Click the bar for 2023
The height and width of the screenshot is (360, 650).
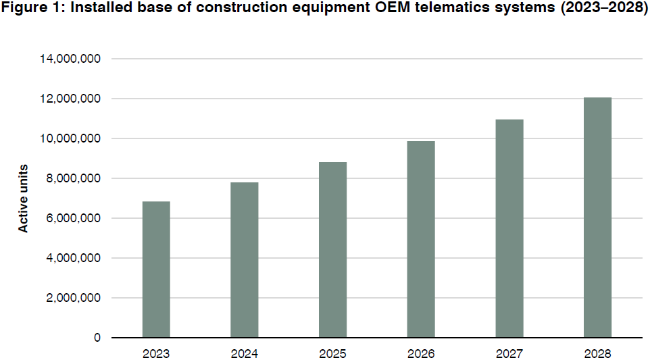156,269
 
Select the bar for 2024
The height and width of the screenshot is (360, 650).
244,260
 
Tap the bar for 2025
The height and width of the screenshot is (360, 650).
332,250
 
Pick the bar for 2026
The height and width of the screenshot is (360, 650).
421,239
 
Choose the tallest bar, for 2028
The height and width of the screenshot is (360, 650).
597,217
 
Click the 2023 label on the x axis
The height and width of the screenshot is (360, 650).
156,353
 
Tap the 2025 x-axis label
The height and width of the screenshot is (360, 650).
332,353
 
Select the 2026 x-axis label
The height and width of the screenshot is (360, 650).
421,353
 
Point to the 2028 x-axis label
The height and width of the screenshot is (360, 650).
597,353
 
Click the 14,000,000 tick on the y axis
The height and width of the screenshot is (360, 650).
70,59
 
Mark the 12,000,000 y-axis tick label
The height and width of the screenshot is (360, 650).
70,99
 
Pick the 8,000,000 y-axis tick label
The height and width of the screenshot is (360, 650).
74,178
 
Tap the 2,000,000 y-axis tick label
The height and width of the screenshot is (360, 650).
74,298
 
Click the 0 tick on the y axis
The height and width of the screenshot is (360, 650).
97,338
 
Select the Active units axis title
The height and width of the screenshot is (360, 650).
24,198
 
